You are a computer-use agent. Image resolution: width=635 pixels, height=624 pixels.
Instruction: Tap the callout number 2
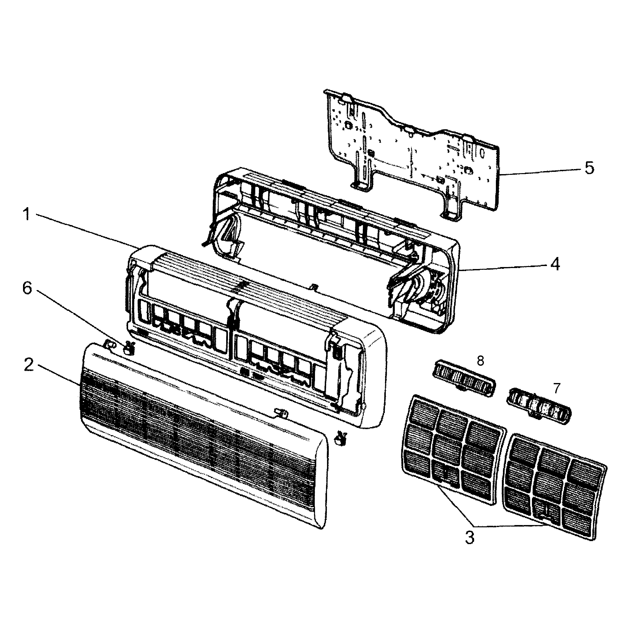click(29, 365)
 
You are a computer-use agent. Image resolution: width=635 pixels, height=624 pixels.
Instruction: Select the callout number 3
click(470, 538)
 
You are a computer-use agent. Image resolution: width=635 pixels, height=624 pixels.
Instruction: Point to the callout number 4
click(554, 264)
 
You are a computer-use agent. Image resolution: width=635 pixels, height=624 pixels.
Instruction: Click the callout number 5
click(589, 168)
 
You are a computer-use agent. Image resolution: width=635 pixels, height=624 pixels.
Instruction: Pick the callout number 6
click(27, 288)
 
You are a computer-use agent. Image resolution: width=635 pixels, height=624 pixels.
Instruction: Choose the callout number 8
click(480, 361)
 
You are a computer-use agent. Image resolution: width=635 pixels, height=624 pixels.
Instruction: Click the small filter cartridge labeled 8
click(464, 379)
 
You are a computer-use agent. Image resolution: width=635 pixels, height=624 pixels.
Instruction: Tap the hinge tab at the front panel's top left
click(109, 344)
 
